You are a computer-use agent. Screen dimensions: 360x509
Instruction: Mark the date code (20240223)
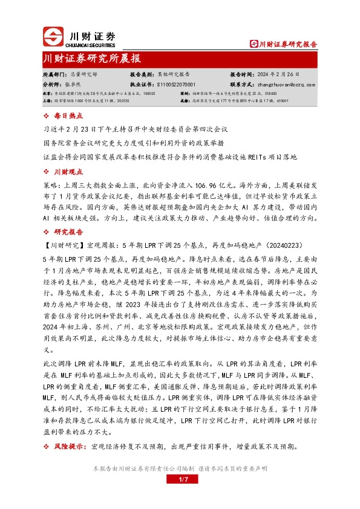tap(283, 245)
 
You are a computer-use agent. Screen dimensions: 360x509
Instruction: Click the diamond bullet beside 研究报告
tap(47, 232)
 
